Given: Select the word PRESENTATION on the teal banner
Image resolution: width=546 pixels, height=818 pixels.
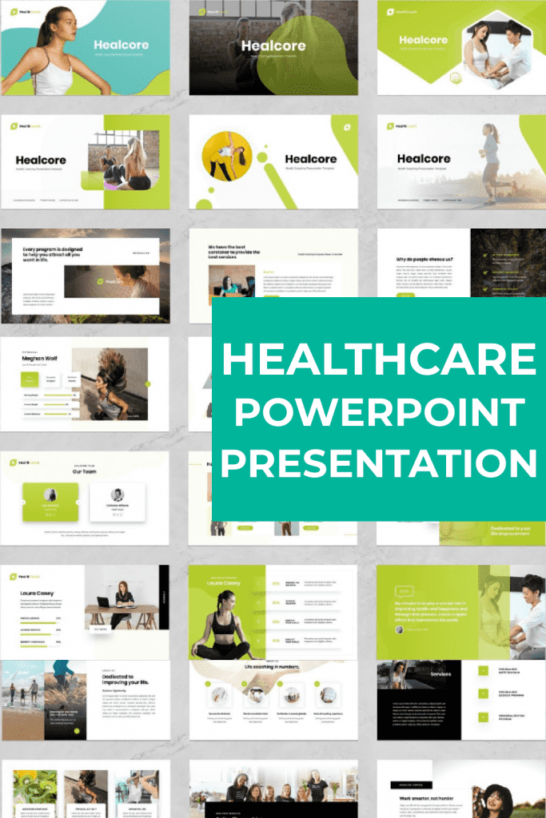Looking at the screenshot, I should [x=379, y=463].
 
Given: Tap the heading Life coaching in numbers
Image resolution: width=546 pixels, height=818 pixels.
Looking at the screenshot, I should [x=273, y=665].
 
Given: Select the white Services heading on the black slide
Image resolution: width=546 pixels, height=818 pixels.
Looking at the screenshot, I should [x=440, y=673].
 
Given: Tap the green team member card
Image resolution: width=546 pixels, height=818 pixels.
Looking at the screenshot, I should [x=50, y=502].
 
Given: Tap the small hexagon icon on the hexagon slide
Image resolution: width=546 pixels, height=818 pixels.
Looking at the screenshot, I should [x=456, y=77].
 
